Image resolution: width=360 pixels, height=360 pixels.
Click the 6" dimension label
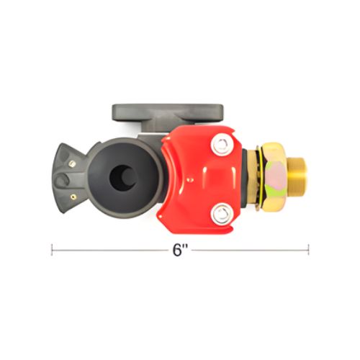click(180, 250)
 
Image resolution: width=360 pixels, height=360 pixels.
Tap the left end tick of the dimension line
click(52, 250)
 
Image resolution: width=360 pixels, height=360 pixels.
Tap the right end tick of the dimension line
click(309, 250)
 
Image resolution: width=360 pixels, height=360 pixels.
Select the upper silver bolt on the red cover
click(222, 144)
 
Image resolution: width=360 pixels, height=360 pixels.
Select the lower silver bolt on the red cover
click(222, 215)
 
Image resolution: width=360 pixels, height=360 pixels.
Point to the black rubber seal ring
click(124, 178)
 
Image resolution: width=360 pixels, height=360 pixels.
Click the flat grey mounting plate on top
click(168, 112)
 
